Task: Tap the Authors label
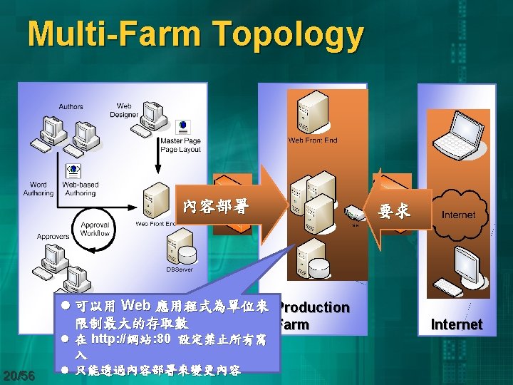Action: pos(71,107)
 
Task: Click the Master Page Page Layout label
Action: pos(180,145)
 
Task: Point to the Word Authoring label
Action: pos(38,189)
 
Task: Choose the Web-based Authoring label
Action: pos(81,189)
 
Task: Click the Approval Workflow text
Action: pos(95,229)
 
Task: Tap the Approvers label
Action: pos(53,236)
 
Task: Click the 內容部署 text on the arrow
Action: pos(215,207)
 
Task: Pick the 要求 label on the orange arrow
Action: pos(394,212)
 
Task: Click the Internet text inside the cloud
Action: pos(458,215)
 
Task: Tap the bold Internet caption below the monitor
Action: pos(457,324)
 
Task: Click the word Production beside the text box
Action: pos(313,307)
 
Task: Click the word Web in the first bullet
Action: pos(136,306)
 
